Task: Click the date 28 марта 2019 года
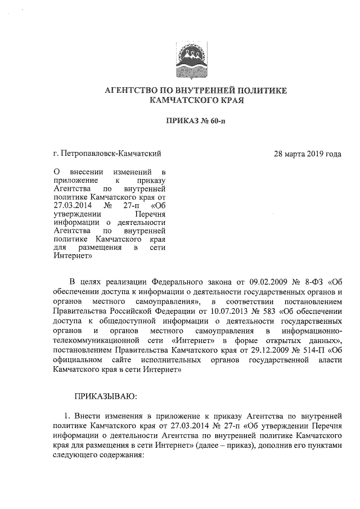pos(307,153)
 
